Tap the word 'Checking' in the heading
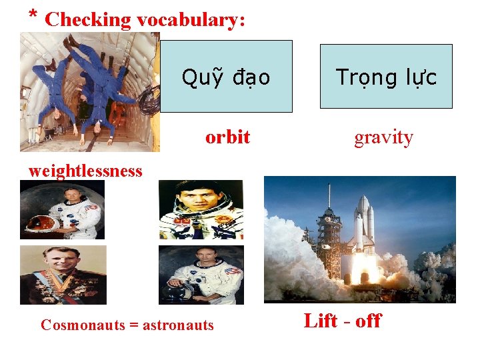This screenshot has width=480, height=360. click(88, 19)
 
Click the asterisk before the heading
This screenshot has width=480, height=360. click(33, 15)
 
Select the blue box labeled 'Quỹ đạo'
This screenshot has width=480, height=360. click(227, 76)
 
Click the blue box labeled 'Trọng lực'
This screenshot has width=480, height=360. click(386, 77)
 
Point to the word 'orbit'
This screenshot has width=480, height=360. click(227, 137)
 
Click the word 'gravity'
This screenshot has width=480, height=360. click(383, 137)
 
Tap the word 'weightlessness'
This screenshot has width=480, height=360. click(85, 171)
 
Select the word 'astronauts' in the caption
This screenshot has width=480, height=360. click(178, 325)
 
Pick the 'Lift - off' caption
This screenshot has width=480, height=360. click(342, 321)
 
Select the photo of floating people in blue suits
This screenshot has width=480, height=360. click(89, 92)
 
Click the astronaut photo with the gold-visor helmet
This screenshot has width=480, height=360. click(62, 209)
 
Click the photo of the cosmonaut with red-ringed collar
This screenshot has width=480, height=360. click(201, 209)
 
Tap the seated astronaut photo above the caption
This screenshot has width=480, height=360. click(201, 275)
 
